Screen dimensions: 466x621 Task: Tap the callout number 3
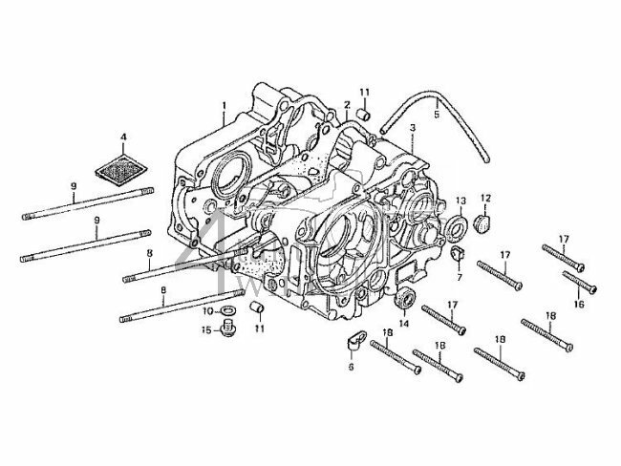[x=411, y=127]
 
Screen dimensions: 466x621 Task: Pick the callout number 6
[x=351, y=366]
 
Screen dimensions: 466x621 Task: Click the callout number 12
[x=484, y=198]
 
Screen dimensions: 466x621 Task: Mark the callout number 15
[x=204, y=330]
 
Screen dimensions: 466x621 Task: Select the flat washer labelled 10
[x=230, y=311]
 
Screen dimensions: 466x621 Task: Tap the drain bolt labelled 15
[x=229, y=331]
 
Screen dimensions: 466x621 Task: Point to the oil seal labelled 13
[x=459, y=227]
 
